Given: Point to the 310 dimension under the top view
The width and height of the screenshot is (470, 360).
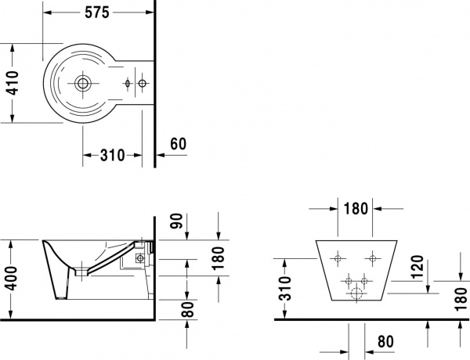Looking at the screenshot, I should [113, 155].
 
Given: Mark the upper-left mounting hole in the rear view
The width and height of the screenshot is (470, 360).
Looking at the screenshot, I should [338, 258].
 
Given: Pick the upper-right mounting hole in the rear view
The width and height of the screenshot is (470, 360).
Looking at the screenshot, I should [372, 258].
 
